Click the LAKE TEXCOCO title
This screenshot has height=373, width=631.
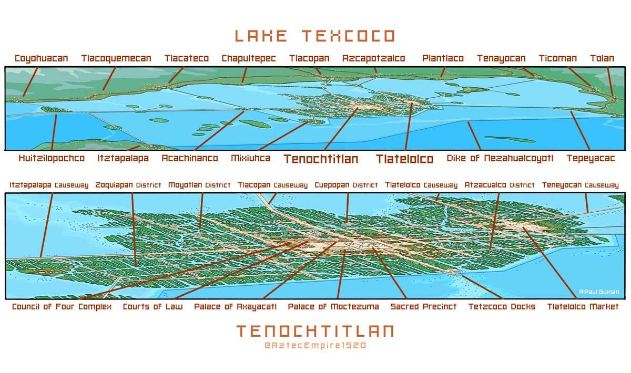pos(314,36)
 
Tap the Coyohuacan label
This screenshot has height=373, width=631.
pos(42,58)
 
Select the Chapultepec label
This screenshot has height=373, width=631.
pos(249,58)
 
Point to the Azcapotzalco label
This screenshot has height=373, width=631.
pos(373,58)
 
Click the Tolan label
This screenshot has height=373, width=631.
pos(602,58)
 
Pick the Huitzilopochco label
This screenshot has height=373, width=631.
pos(52,158)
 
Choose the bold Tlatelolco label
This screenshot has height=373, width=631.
pos(404,159)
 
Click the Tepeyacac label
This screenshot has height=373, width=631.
pos(591,158)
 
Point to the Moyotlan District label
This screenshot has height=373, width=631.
pos(199,185)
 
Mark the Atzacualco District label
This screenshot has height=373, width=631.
pos(500,185)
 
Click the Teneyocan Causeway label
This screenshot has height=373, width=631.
pos(580,185)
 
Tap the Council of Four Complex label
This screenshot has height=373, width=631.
pos(62,307)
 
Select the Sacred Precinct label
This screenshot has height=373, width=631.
pos(423,307)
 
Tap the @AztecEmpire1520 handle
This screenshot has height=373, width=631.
pos(314,346)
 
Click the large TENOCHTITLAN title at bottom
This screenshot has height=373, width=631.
pos(314,331)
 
